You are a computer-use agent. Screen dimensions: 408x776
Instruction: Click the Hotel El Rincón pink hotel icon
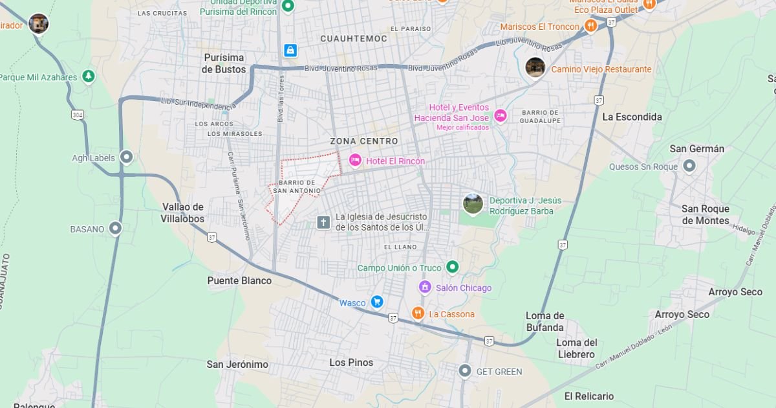[x=355, y=160]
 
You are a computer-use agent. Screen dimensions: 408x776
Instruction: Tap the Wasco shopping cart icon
[x=377, y=302]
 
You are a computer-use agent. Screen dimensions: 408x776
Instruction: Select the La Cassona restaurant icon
[x=418, y=313]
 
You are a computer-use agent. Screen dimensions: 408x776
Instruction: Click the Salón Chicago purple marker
[x=425, y=287]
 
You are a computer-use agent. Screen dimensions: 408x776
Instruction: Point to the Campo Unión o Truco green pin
[x=452, y=267]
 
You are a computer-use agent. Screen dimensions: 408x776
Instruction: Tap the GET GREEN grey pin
[x=464, y=371]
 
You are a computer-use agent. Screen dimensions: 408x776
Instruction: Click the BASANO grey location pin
[x=115, y=228]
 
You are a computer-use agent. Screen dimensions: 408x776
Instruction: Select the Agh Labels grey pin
[x=127, y=157]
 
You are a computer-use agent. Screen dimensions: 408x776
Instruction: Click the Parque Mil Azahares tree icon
[x=89, y=77]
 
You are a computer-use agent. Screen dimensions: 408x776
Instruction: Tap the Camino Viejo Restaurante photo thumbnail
[x=535, y=67]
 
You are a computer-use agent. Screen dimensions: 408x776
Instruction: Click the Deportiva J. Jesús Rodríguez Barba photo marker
[x=473, y=204]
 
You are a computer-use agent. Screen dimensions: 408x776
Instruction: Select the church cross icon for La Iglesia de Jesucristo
[x=323, y=222]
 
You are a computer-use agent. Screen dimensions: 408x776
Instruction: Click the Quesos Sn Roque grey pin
[x=689, y=166]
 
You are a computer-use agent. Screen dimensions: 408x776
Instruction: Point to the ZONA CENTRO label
[x=364, y=141]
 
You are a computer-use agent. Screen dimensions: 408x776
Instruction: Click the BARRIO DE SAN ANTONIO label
[x=297, y=187]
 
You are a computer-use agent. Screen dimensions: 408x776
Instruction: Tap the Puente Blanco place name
[x=239, y=280]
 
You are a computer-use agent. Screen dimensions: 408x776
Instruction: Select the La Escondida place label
[x=632, y=117]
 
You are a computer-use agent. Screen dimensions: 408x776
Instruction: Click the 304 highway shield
[x=78, y=115]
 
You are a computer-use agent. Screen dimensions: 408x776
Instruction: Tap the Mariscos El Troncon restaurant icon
[x=590, y=26]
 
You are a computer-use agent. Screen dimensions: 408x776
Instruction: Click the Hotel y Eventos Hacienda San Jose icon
[x=500, y=115]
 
